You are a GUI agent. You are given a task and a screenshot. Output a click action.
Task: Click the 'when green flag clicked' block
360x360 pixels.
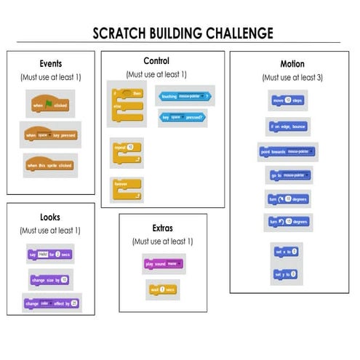(x=49, y=105)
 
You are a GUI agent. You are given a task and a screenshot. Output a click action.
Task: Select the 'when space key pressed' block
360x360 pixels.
(x=49, y=135)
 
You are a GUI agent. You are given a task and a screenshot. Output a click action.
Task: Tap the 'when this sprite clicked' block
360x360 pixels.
(x=49, y=166)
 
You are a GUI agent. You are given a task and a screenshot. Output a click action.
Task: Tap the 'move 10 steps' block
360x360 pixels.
(x=287, y=100)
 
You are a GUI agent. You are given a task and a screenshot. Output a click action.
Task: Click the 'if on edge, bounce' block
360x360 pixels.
(x=288, y=127)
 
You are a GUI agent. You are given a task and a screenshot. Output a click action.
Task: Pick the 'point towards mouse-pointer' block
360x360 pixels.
(x=288, y=152)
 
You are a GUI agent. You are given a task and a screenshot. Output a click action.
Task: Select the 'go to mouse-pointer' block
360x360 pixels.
(x=288, y=175)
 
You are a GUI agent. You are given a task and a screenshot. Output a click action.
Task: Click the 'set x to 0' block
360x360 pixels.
(x=286, y=252)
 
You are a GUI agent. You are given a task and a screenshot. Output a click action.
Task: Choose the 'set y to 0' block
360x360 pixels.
(x=286, y=274)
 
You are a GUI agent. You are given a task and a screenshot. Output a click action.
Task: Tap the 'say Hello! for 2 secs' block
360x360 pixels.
(x=49, y=254)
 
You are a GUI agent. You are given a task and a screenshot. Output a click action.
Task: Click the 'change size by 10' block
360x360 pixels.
(x=50, y=279)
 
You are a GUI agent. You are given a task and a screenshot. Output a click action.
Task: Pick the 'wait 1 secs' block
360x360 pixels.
(x=162, y=289)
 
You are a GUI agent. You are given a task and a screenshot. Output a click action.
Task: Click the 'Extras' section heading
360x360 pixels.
(x=162, y=228)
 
